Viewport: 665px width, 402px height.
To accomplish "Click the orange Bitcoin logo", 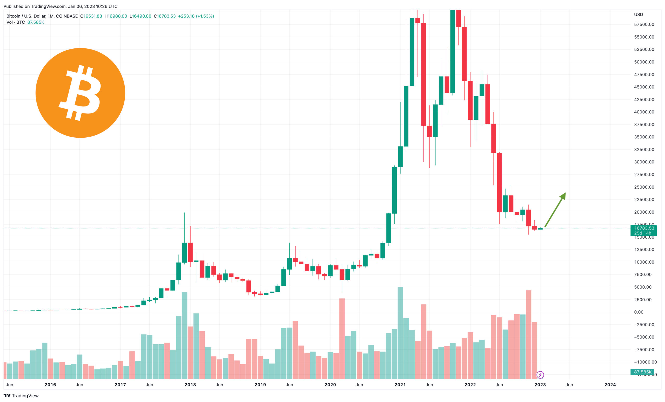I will [x=80, y=93].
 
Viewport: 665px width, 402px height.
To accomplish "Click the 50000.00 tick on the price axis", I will [x=644, y=62].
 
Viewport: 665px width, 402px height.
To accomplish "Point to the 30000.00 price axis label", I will [x=644, y=162].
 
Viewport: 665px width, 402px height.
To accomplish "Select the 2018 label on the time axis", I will [x=190, y=384].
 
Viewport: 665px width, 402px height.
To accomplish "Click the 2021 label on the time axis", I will [x=400, y=384].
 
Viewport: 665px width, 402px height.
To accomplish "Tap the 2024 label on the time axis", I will [x=610, y=384].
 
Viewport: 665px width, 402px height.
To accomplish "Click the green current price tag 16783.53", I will [x=644, y=228].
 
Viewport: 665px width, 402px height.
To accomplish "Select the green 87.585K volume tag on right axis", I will [x=642, y=372].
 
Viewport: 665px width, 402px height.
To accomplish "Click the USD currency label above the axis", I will [x=638, y=15].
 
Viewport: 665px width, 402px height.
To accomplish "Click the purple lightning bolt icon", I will [x=540, y=375].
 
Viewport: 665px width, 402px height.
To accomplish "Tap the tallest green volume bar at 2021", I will [x=400, y=333].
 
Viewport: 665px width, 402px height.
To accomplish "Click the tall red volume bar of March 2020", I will [x=342, y=338].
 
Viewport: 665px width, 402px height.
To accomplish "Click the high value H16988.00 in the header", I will [x=116, y=16].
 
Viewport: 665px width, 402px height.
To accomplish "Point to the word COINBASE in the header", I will [x=67, y=16].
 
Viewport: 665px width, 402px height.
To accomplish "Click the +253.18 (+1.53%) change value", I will [x=196, y=16].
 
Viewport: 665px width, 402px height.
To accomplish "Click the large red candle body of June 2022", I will [x=499, y=182].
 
